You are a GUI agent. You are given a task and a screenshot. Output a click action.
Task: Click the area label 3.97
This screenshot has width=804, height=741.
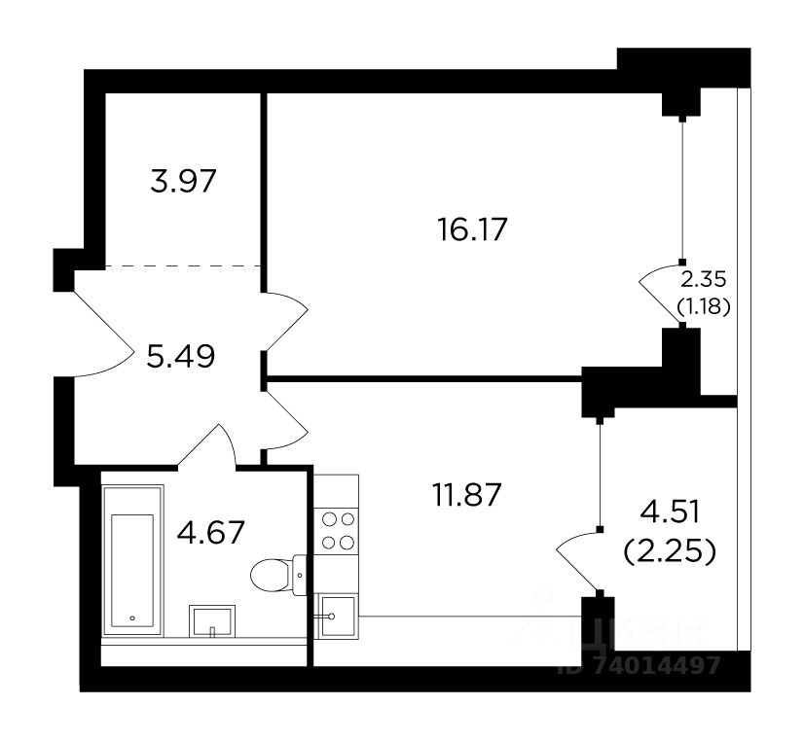183,181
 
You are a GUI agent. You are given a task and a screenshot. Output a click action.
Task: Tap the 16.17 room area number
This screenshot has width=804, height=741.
472,229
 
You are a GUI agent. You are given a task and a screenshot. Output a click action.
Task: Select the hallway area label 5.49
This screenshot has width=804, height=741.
180,357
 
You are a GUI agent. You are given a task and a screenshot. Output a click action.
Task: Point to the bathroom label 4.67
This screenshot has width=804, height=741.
210,533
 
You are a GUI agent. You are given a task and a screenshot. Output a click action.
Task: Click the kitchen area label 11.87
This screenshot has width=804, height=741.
466,495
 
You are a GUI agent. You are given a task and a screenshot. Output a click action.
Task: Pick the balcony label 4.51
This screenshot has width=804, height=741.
670,513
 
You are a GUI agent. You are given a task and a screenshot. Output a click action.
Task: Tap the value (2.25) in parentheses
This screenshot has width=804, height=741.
670,552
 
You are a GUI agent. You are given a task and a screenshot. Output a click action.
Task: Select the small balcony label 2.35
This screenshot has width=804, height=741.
704,280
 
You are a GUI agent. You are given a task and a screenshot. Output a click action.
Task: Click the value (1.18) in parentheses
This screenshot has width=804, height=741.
704,306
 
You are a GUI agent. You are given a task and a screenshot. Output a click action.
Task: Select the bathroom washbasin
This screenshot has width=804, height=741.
212,621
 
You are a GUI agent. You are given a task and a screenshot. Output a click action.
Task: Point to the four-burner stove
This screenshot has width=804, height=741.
336,531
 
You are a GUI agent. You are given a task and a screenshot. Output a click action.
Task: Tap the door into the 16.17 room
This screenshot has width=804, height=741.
285,322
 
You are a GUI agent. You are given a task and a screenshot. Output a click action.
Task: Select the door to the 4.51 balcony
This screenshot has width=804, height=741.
578,561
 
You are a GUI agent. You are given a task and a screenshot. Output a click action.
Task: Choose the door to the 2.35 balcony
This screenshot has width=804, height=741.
660,294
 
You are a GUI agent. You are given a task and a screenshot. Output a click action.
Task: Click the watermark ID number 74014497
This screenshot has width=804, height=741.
640,666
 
